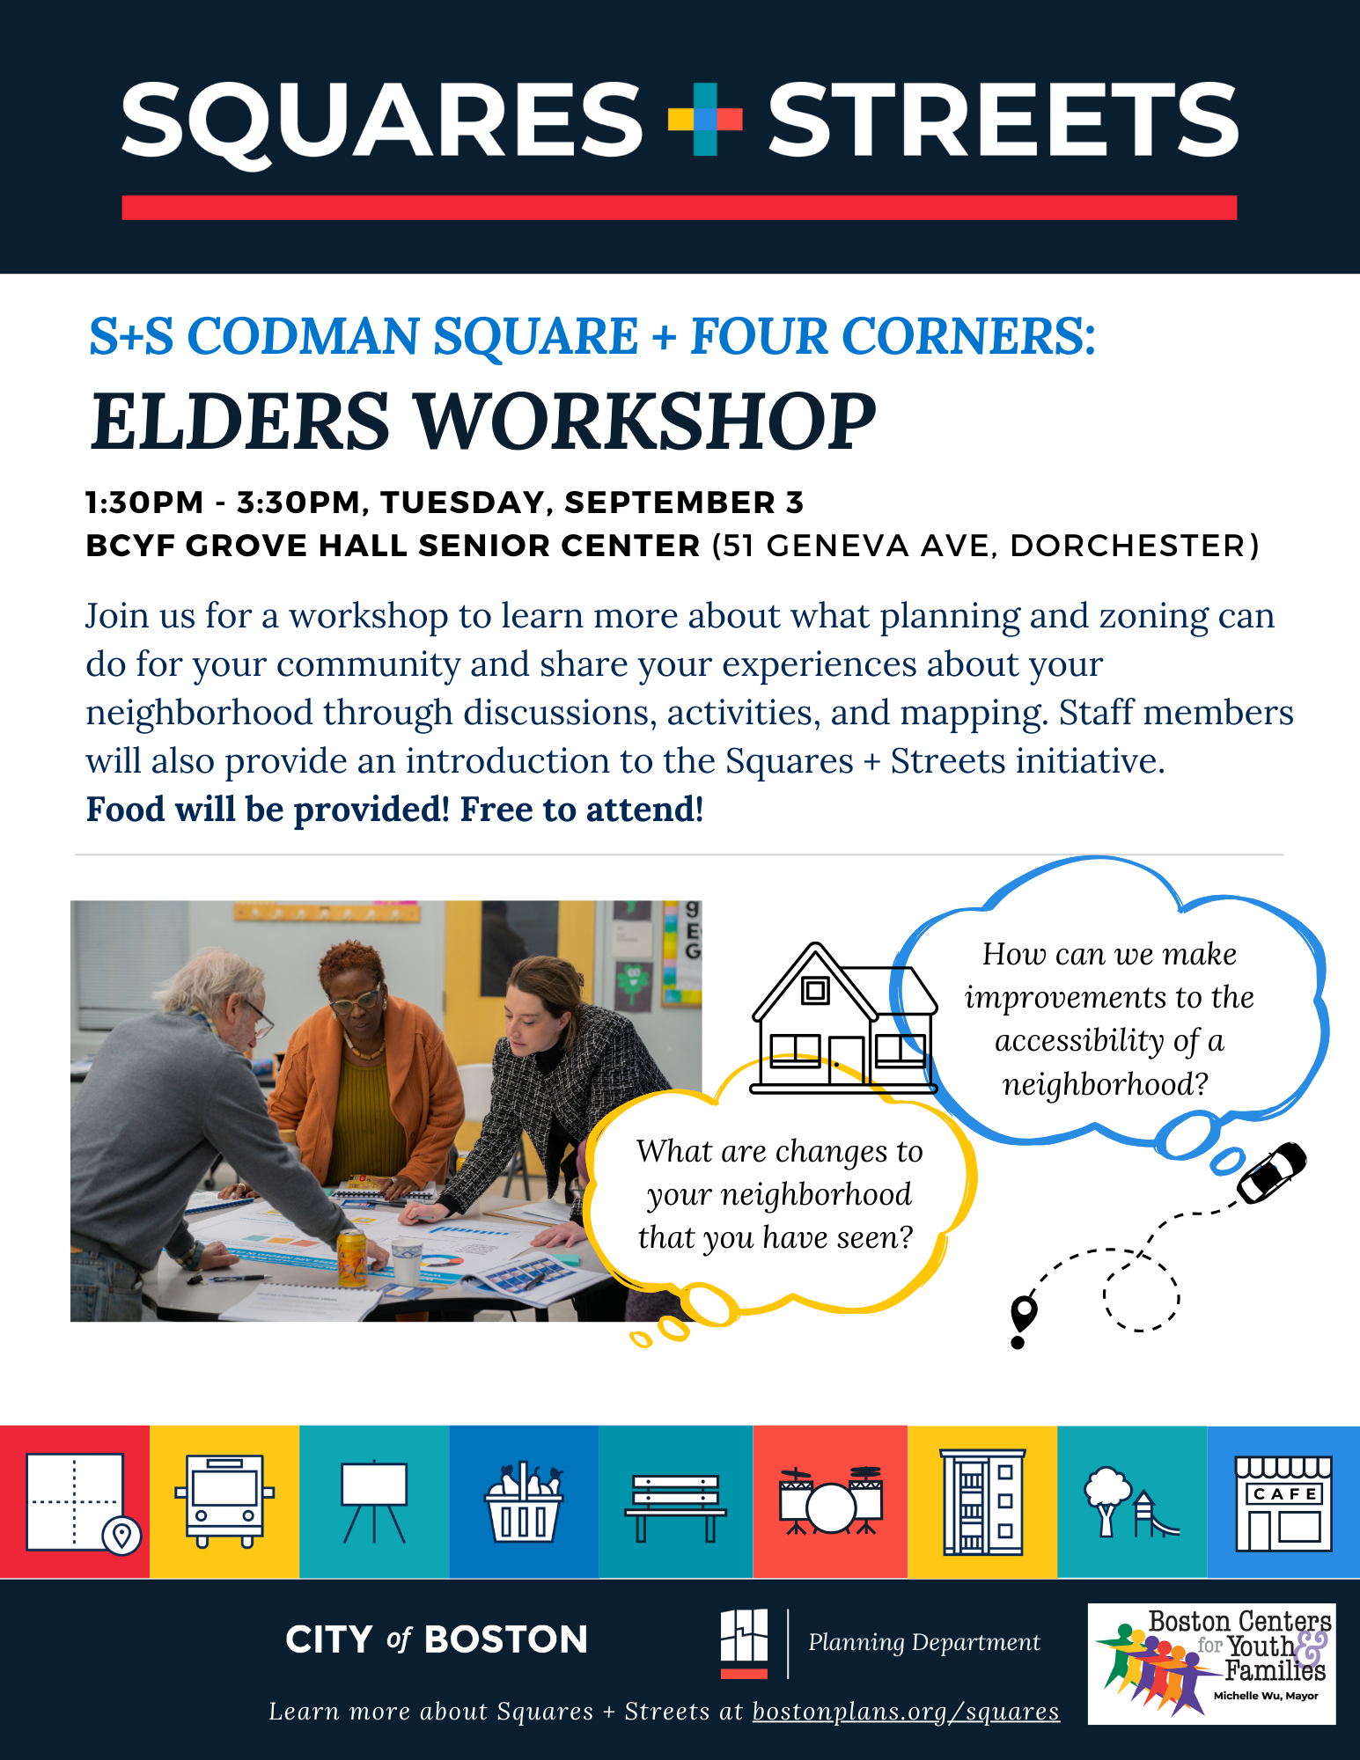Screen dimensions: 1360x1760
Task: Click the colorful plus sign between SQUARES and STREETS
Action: [705, 119]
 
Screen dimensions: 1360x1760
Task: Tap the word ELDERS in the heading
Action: [240, 422]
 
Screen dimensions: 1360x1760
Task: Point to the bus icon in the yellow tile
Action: [224, 1501]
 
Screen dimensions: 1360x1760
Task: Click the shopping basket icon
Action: [524, 1501]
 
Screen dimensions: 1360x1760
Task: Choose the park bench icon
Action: [675, 1507]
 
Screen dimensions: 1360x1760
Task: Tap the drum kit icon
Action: [831, 1500]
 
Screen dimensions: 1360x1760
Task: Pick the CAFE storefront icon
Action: [1283, 1503]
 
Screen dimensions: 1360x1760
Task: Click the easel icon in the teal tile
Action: [374, 1501]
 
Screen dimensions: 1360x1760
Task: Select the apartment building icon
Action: [982, 1501]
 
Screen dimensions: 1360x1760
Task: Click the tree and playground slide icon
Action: [1131, 1502]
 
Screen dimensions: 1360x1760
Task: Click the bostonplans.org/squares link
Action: [906, 1712]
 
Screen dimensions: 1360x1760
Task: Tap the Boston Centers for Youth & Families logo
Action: [1212, 1663]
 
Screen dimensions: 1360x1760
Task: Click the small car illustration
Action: [1272, 1172]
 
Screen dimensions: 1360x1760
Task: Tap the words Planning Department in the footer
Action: [924, 1643]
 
